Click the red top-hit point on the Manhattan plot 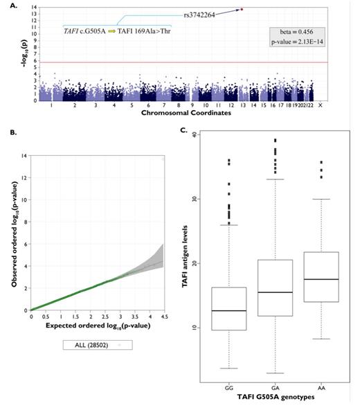pos(242,10)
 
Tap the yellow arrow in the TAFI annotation pos(111,31)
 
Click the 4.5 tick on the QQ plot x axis pos(163,317)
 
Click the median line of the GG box pos(228,311)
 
